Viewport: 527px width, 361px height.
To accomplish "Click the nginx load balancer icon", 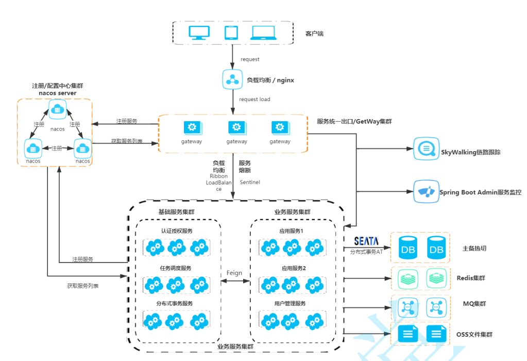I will tap(232, 79).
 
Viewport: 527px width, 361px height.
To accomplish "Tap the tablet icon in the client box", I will tap(231, 33).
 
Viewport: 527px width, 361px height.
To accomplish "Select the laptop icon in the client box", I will tap(263, 33).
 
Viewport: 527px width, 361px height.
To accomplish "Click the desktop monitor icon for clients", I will tap(199, 33).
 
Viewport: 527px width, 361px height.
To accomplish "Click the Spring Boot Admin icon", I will tap(427, 192).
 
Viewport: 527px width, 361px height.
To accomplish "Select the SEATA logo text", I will tap(366, 241).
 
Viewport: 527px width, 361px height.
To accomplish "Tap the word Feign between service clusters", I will tap(235, 273).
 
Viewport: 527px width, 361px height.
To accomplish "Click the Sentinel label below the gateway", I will tap(250, 182).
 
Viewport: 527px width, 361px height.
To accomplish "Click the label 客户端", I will tap(314, 34).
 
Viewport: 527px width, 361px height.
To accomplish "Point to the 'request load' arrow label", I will tap(254, 99).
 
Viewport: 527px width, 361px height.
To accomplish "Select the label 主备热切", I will tap(474, 249).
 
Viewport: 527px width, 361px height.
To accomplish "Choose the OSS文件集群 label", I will tap(474, 334).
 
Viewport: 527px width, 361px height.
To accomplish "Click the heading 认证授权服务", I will tap(177, 231).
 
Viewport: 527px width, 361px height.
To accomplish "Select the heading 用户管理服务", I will tap(290, 303).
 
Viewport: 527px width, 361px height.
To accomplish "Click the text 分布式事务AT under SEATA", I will tap(366, 252).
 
